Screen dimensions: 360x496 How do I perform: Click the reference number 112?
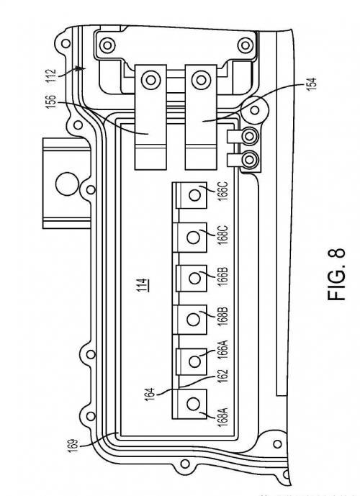click(x=51, y=76)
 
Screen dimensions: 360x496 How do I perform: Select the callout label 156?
click(x=51, y=102)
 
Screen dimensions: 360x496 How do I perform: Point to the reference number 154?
click(x=311, y=84)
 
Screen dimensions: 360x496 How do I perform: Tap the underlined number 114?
click(x=143, y=284)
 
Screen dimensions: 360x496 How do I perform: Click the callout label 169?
click(x=73, y=446)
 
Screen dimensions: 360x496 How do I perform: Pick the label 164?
click(x=150, y=394)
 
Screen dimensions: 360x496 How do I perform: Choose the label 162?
click(x=223, y=376)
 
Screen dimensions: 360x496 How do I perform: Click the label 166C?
click(x=223, y=191)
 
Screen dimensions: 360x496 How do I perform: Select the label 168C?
click(x=223, y=235)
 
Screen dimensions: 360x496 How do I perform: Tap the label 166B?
click(x=223, y=276)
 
